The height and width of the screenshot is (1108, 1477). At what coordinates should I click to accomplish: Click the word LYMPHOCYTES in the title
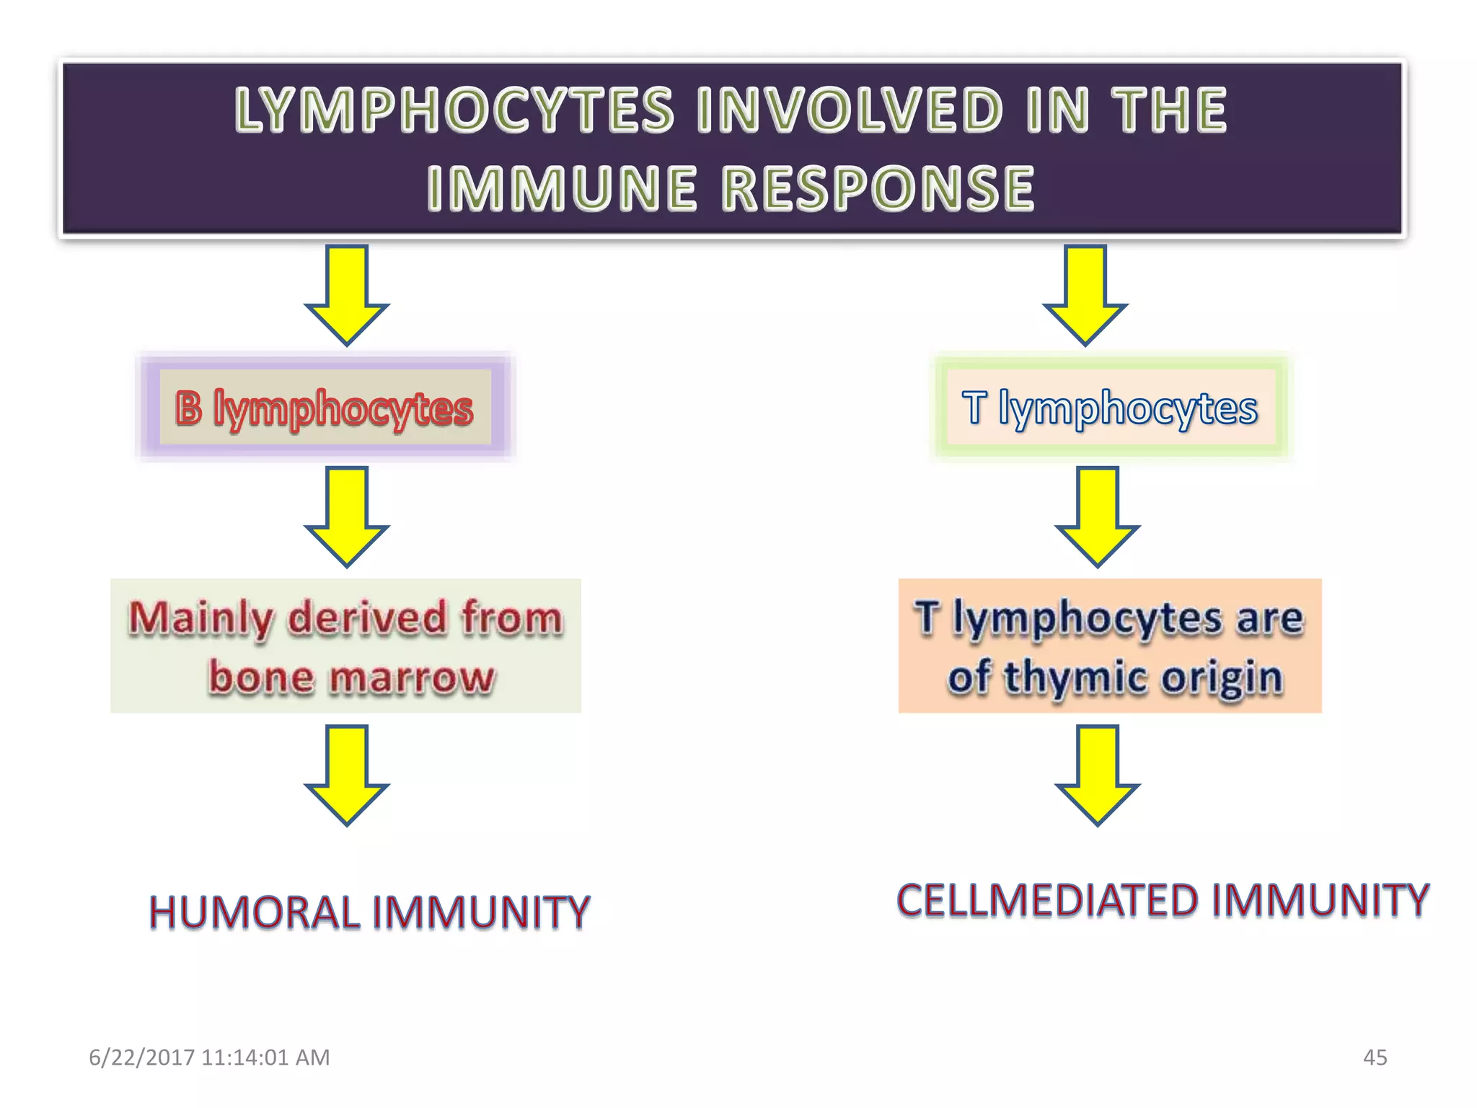[454, 110]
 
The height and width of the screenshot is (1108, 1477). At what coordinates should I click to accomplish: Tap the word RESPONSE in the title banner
[878, 188]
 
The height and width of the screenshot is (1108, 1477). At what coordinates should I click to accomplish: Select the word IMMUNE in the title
[562, 188]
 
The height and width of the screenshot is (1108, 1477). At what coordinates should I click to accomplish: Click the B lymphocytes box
[325, 408]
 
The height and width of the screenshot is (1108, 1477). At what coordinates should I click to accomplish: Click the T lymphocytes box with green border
[1110, 408]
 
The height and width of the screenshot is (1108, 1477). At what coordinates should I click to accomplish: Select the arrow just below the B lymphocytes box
[347, 516]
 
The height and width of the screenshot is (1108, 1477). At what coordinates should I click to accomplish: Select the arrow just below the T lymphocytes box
[1097, 516]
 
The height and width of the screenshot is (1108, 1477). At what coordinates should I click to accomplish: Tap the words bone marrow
[351, 678]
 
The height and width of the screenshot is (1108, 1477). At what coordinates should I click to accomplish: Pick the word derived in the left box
[366, 618]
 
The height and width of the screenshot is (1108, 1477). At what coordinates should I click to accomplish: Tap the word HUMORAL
[254, 913]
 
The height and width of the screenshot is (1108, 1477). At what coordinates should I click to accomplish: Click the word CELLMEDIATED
[1047, 900]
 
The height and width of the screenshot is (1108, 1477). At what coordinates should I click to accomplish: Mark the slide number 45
[1375, 1058]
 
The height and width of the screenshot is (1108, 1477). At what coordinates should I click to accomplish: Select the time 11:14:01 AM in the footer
[265, 1058]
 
